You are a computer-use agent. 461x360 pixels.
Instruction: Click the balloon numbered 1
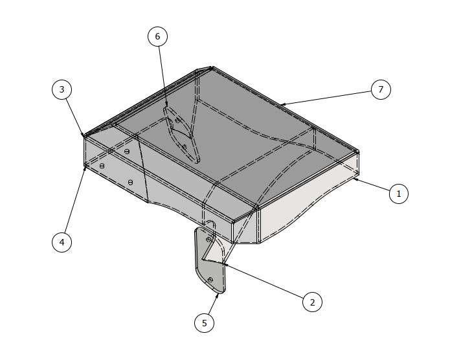pyautogui.click(x=399, y=193)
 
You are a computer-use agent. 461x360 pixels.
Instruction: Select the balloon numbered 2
pyautogui.click(x=312, y=302)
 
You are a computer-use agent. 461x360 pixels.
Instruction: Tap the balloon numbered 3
pyautogui.click(x=62, y=89)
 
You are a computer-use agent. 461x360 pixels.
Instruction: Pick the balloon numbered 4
pyautogui.click(x=62, y=242)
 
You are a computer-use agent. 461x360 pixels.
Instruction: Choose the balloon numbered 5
pyautogui.click(x=205, y=322)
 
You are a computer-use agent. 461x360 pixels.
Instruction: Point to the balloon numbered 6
pyautogui.click(x=157, y=36)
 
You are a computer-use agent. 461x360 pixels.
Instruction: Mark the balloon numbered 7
pyautogui.click(x=381, y=89)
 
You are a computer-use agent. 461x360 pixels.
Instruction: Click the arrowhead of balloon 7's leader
pyautogui.click(x=281, y=104)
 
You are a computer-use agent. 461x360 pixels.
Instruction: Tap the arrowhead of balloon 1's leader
pyautogui.click(x=354, y=179)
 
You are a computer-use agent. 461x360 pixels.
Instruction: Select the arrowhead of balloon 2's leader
pyautogui.click(x=221, y=263)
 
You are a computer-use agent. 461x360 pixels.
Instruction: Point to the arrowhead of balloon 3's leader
pyautogui.click(x=84, y=137)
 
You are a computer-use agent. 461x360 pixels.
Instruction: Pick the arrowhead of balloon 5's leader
pyautogui.click(x=218, y=293)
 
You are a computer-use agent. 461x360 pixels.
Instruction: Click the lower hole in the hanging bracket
pyautogui.click(x=210, y=279)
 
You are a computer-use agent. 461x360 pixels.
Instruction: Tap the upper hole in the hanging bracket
pyautogui.click(x=207, y=239)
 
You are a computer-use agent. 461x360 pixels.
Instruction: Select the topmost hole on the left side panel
pyautogui.click(x=127, y=152)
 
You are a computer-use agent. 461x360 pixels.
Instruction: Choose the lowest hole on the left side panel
pyautogui.click(x=131, y=182)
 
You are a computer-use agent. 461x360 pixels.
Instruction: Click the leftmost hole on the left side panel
pyautogui.click(x=102, y=166)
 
